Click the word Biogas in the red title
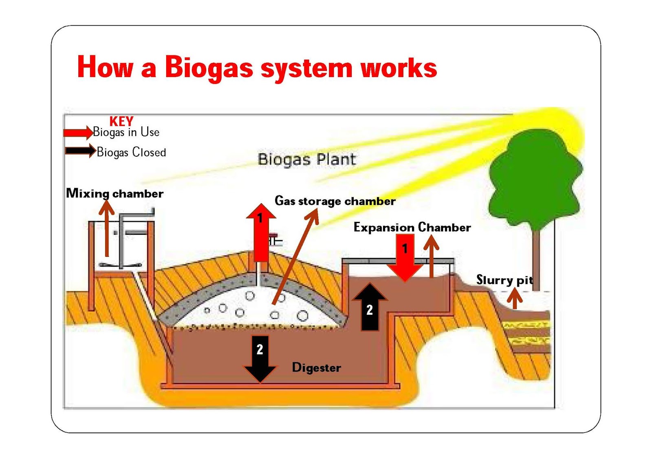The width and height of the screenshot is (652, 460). tap(209, 68)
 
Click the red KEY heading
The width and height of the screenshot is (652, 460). tap(121, 121)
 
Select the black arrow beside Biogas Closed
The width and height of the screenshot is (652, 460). tap(80, 151)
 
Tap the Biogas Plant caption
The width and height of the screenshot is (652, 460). tap(306, 159)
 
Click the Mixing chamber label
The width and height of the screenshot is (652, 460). tap(115, 193)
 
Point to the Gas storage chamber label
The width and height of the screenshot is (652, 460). tap(335, 201)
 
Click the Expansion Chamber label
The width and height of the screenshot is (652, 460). tap(412, 227)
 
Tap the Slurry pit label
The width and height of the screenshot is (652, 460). tap(504, 280)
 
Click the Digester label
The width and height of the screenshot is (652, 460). tap(316, 368)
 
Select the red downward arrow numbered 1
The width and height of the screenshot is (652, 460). tap(405, 258)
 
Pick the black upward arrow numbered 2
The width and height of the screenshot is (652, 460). tap(370, 307)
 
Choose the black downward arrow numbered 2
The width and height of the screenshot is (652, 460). tap(260, 358)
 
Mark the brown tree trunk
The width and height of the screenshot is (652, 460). tap(536, 261)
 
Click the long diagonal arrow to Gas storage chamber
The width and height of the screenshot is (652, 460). tap(295, 256)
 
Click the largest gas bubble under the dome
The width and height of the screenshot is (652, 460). tap(302, 315)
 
